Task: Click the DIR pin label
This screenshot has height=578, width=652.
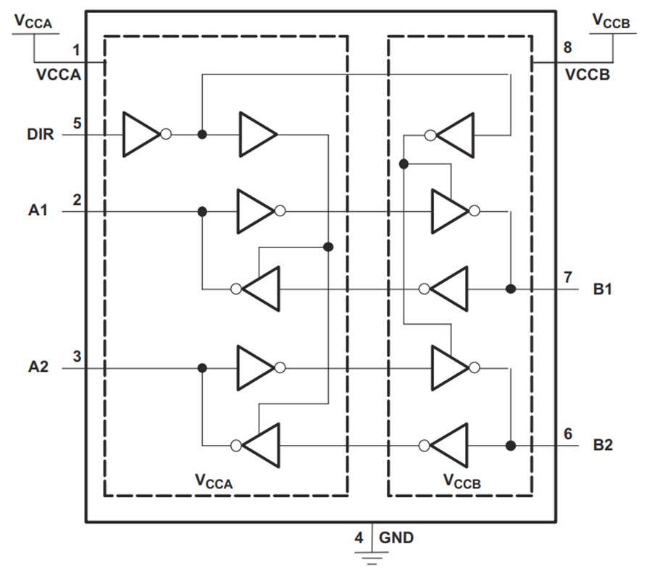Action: (x=41, y=135)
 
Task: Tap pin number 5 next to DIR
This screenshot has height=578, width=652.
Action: (x=76, y=122)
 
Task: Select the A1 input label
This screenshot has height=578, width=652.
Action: (x=39, y=211)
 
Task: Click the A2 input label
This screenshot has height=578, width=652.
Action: (x=39, y=367)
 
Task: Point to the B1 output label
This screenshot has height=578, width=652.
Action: (x=603, y=289)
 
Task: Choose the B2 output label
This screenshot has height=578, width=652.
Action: (x=603, y=445)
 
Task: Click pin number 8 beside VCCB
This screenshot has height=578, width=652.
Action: (x=567, y=48)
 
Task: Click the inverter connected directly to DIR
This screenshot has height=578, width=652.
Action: (x=142, y=135)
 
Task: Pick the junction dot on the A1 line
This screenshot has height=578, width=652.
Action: (x=203, y=211)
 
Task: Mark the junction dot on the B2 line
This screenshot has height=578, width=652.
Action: (x=511, y=445)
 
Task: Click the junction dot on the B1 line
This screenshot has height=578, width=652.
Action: (x=511, y=289)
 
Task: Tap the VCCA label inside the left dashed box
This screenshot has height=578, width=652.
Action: (x=214, y=481)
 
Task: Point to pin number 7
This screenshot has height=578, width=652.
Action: (x=568, y=277)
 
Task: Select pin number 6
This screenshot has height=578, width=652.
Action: (x=568, y=433)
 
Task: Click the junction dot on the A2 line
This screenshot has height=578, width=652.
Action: (x=203, y=368)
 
